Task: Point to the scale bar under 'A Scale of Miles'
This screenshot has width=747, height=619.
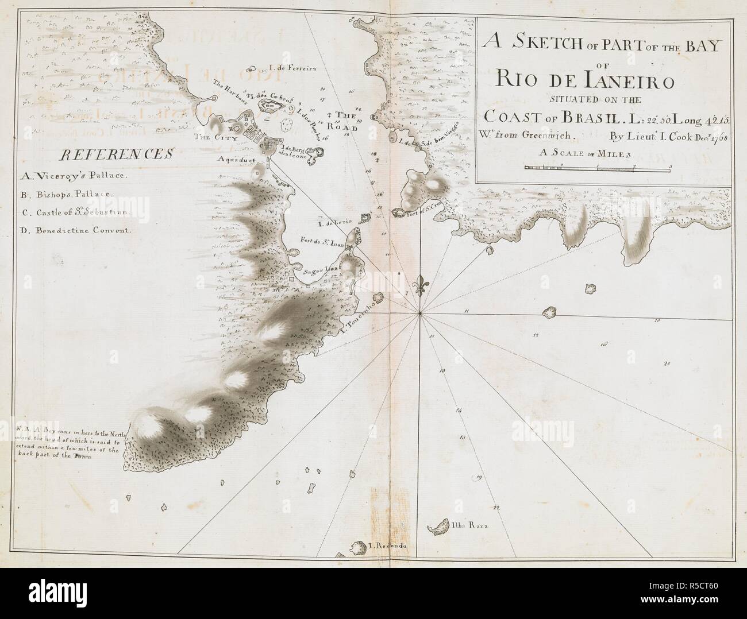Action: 597,168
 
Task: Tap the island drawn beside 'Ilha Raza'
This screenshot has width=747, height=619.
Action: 440,527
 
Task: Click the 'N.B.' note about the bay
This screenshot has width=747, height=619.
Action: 68,443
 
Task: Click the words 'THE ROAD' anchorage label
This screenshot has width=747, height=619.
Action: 346,122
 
